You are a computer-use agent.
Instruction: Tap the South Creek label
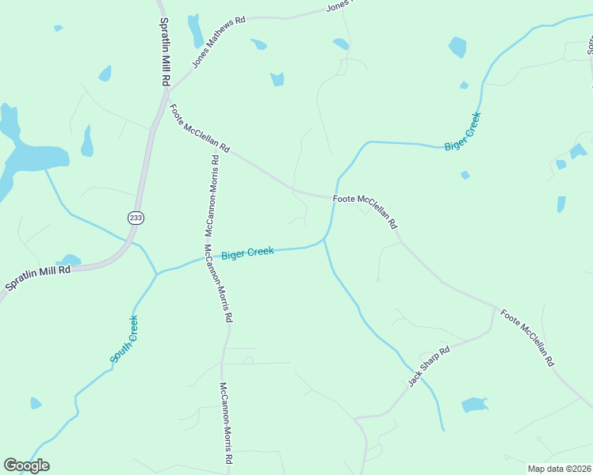pos(124,340)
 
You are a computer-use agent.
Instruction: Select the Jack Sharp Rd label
pos(429,366)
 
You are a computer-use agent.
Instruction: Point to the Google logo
pos(26,465)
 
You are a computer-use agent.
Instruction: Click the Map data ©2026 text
pos(559,469)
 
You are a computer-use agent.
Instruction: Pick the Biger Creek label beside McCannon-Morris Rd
pos(247,253)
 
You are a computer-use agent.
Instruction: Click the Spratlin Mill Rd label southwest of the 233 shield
pos(38,276)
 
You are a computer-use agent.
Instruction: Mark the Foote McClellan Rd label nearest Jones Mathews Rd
pos(199,131)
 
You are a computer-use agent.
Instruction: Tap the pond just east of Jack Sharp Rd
pos(474,405)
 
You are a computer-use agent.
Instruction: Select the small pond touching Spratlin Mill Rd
pos(70,260)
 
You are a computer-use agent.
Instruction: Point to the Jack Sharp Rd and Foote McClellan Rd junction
pos(495,309)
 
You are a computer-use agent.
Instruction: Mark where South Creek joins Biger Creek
pos(156,273)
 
